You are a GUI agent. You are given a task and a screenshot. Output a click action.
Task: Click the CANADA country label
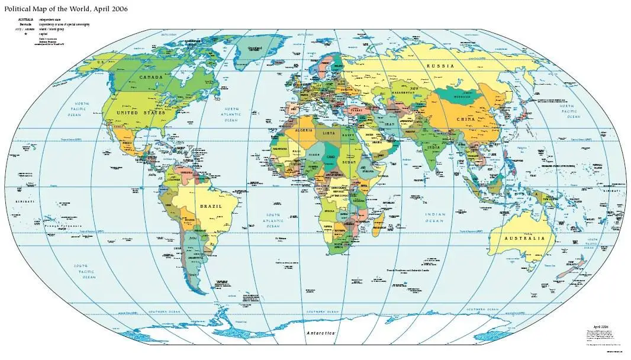pos(152,78)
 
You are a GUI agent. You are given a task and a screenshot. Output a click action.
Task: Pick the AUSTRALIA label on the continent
pos(524,238)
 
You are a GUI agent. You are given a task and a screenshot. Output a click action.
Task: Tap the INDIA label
pos(434,147)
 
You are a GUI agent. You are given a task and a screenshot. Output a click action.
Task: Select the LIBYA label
pos(329,133)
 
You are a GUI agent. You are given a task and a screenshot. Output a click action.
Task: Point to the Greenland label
pos(255,47)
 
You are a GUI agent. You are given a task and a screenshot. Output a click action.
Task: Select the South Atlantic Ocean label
pos(273,220)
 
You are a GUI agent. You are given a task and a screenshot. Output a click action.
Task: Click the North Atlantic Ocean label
pos(231,114)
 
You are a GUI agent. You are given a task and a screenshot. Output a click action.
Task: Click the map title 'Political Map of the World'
pos(66,9)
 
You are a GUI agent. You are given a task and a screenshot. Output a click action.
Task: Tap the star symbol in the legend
pos(25,34)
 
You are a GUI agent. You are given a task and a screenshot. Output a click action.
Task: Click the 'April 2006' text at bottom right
pos(600,326)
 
